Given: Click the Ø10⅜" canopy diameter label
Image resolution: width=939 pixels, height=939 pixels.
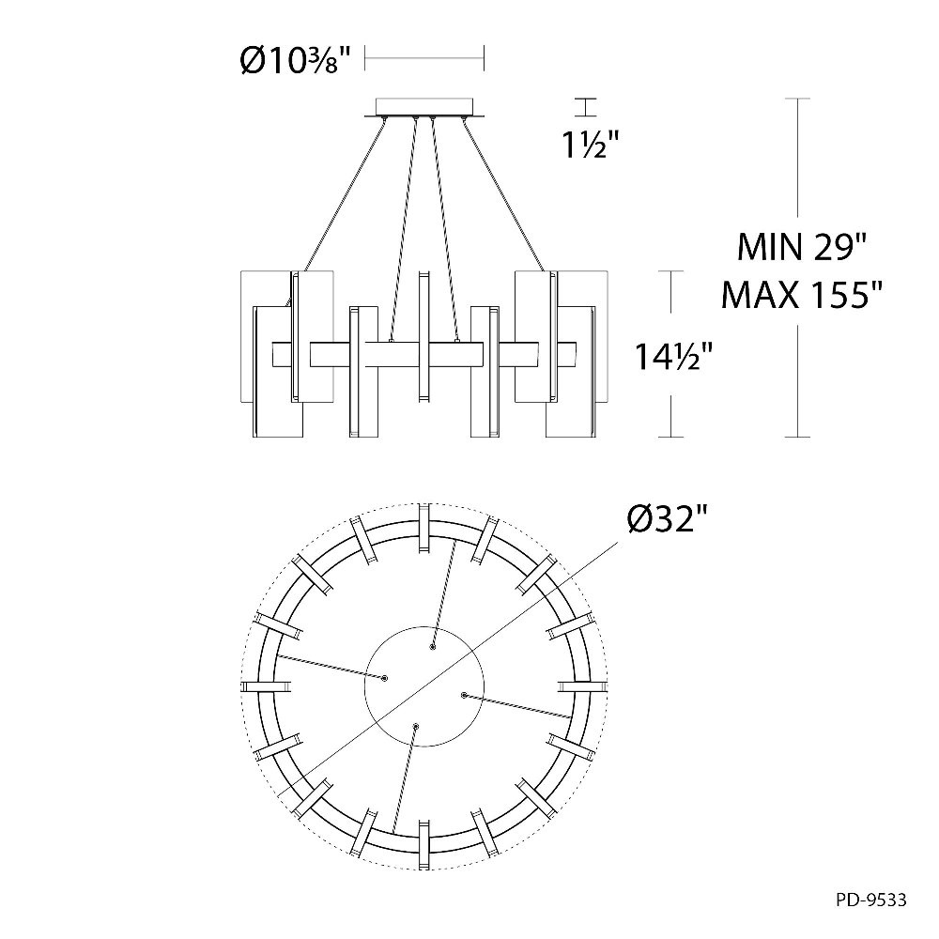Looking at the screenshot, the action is (294, 60).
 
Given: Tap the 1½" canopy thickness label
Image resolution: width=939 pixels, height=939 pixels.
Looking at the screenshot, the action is (591, 145).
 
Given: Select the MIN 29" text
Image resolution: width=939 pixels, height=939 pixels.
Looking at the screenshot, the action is (801, 247).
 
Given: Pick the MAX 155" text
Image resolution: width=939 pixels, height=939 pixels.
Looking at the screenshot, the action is (801, 294).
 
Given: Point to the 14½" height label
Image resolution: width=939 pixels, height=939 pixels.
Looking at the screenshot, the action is (673, 357).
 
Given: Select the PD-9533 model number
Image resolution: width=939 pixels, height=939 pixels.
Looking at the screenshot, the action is (871, 901).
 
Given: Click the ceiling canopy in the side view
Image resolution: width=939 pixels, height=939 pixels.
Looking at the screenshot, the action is (424, 108).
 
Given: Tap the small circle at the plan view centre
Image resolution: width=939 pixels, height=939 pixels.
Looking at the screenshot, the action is (424, 685).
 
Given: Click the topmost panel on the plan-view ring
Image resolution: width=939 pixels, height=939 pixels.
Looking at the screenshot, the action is (424, 528).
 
